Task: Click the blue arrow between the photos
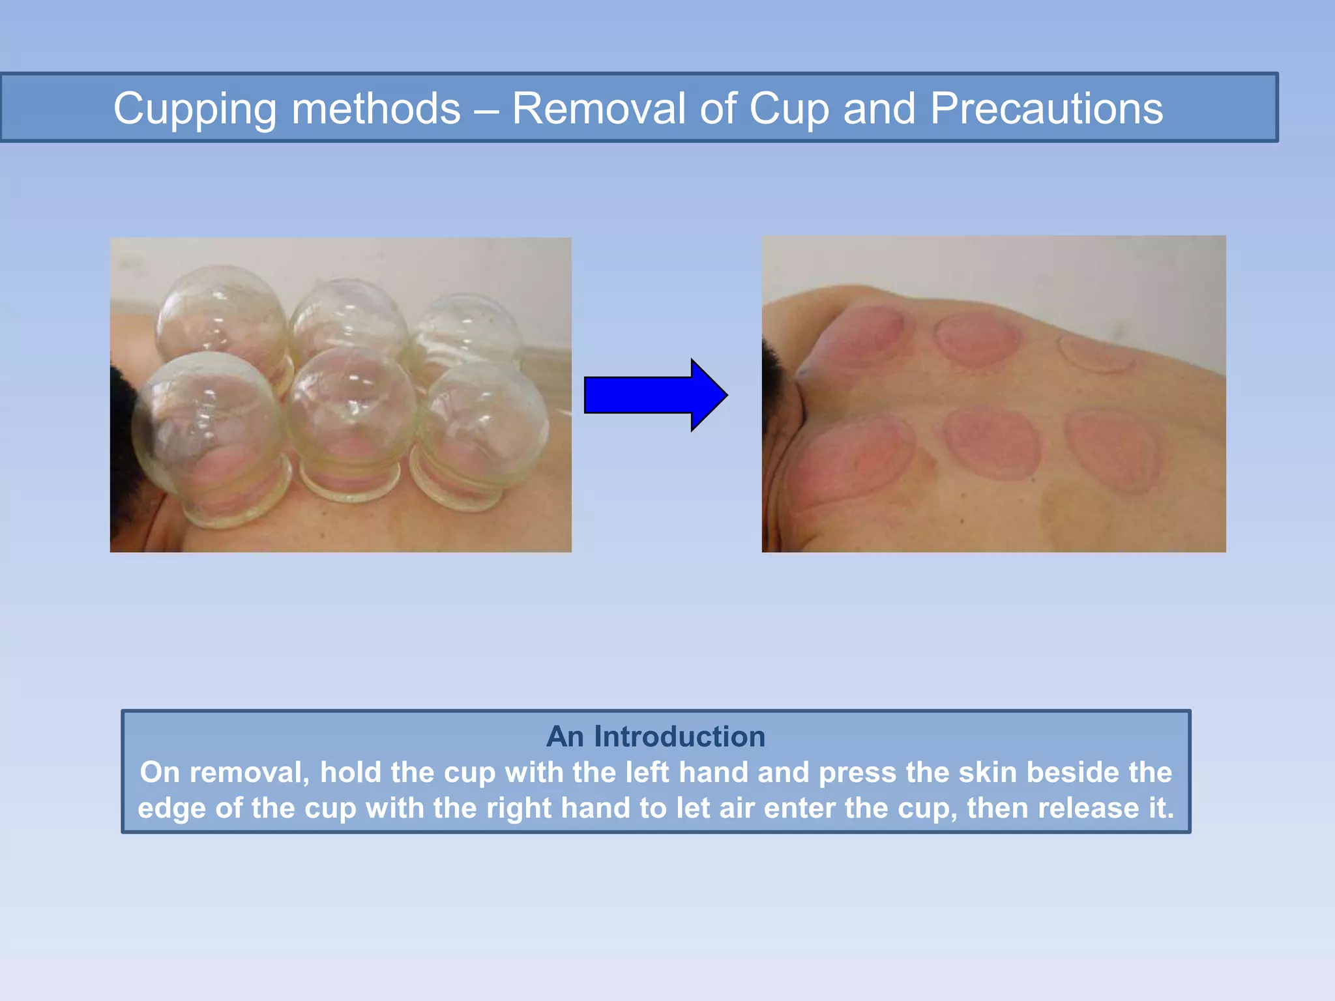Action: [x=655, y=395]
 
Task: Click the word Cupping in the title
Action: [x=195, y=109]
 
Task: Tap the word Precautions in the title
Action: [x=1046, y=108]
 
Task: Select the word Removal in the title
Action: [x=598, y=108]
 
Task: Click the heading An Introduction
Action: [x=656, y=736]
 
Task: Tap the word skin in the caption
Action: [x=988, y=772]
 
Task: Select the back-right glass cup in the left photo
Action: [x=468, y=332]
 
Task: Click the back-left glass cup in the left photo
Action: [x=222, y=313]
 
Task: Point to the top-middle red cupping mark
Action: [x=976, y=339]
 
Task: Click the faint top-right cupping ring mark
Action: [x=1096, y=354]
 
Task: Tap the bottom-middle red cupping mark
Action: [x=992, y=443]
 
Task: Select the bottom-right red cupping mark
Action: [x=1113, y=450]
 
